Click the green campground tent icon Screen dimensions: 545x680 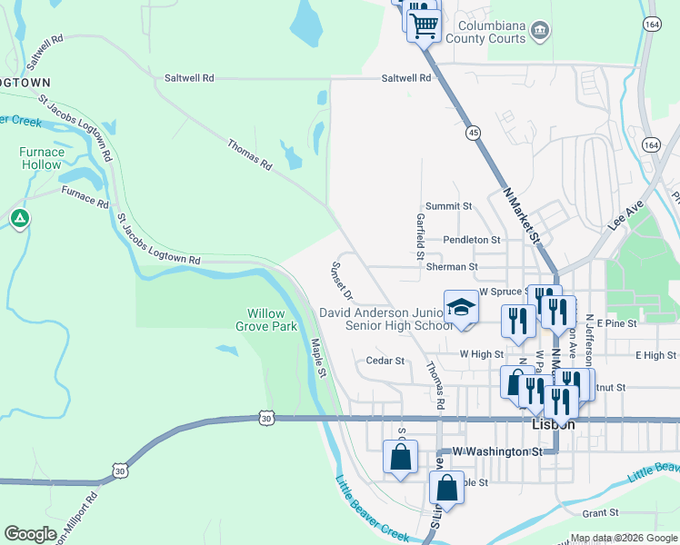(19, 218)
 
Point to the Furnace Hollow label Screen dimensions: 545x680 (41, 159)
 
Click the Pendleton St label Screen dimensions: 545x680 (472, 240)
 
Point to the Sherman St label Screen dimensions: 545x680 (452, 267)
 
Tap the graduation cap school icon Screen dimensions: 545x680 (461, 306)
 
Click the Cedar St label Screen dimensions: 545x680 (385, 361)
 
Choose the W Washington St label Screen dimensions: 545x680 (497, 451)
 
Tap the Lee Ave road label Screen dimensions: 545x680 (626, 213)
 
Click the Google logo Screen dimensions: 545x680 (31, 534)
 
